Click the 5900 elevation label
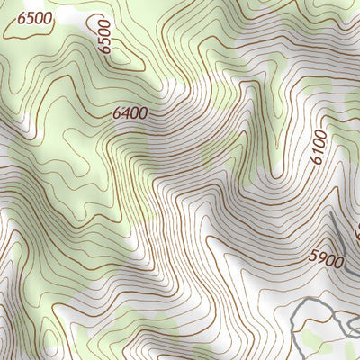(x=326, y=259)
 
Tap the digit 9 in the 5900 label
(x=320, y=258)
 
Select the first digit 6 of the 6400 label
(x=116, y=114)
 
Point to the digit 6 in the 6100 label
(x=320, y=159)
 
